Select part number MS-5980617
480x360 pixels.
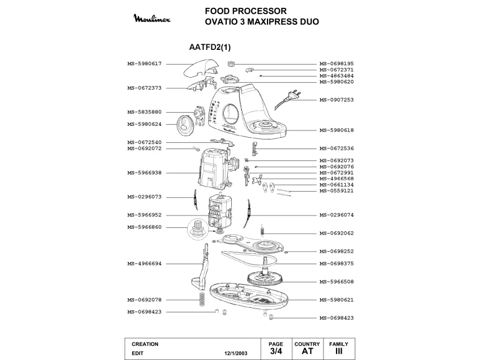coord(145,63)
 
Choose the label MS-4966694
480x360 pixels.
coord(145,264)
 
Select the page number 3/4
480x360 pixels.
coord(276,351)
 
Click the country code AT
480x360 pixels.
coord(307,351)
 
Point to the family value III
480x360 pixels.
coord(339,351)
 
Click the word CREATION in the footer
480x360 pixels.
coord(145,344)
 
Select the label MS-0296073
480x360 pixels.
coord(145,197)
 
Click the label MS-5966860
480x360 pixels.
coord(145,227)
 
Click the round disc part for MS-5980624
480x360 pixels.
coord(185,124)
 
